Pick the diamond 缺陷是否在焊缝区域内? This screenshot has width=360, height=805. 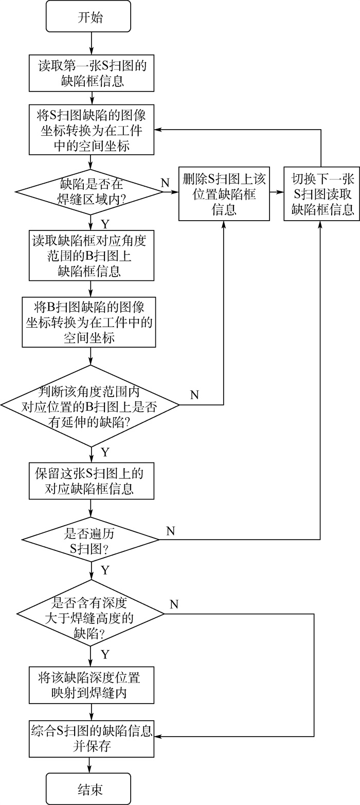click(90, 191)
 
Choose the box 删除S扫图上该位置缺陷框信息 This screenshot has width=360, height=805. click(224, 194)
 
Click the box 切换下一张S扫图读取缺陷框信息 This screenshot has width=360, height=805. click(321, 194)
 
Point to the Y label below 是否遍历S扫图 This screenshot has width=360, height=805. click(105, 569)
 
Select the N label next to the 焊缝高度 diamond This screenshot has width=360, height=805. click(174, 604)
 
